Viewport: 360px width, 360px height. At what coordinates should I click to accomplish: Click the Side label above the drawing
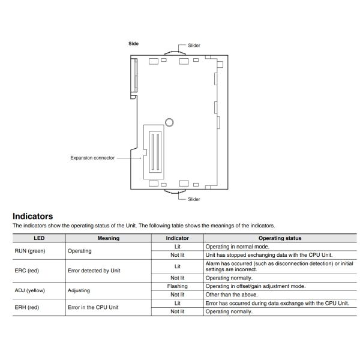(x=134, y=43)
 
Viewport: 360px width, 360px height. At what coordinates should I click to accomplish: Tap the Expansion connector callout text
(x=92, y=158)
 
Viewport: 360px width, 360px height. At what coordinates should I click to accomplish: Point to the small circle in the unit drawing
(x=170, y=122)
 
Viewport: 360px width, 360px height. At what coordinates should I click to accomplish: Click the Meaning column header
(x=108, y=238)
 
